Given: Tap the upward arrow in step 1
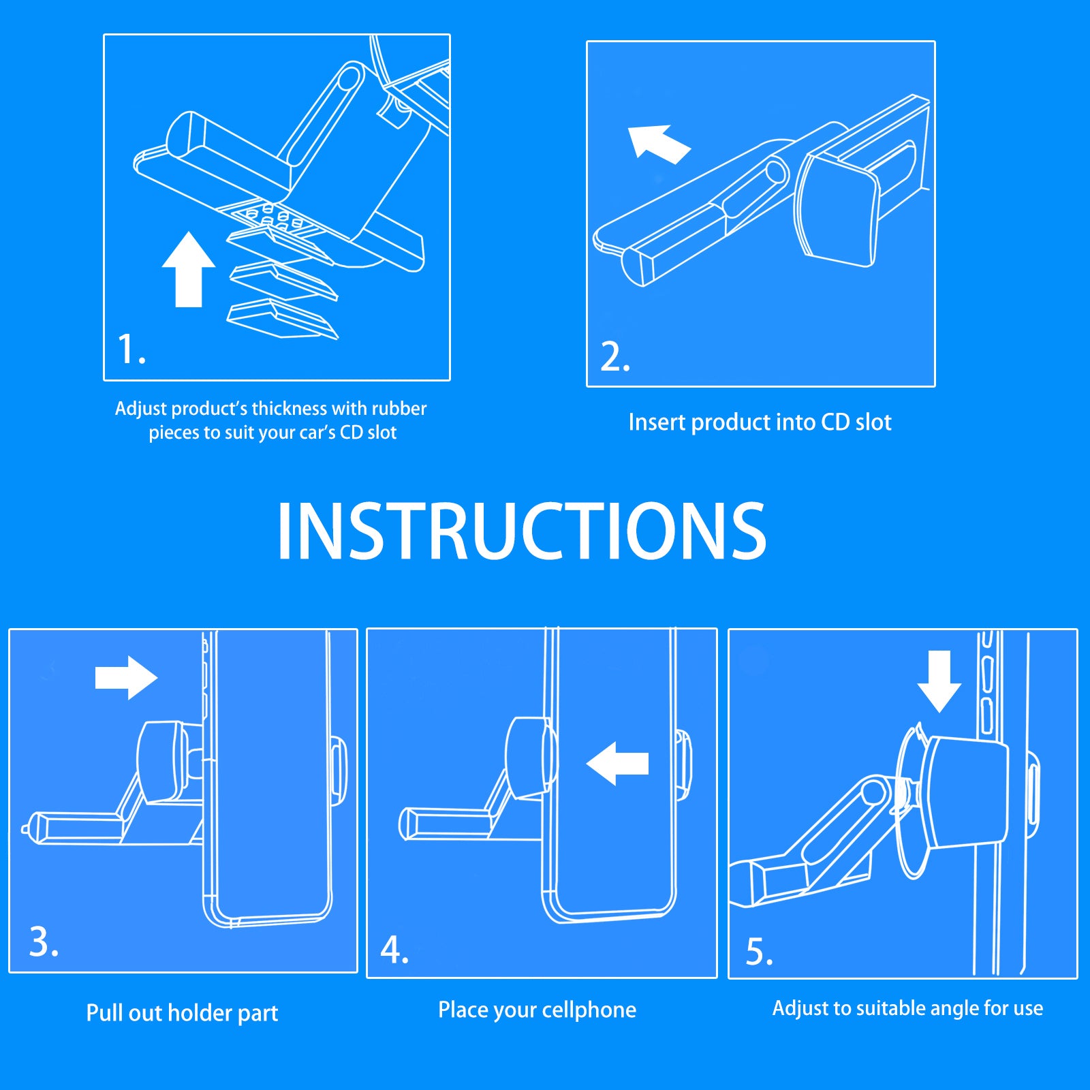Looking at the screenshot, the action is pyautogui.click(x=189, y=270).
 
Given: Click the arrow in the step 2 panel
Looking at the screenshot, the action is pyautogui.click(x=659, y=144).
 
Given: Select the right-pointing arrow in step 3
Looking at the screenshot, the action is pyautogui.click(x=127, y=678).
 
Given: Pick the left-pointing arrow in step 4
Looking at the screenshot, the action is pyautogui.click(x=617, y=763).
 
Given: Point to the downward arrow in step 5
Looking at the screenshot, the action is pyautogui.click(x=939, y=681).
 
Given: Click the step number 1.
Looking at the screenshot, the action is pyautogui.click(x=131, y=349).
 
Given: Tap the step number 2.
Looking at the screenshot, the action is pyautogui.click(x=615, y=357).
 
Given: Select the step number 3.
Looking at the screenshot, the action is pyautogui.click(x=44, y=941).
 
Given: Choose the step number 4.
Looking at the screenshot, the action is pyautogui.click(x=394, y=950).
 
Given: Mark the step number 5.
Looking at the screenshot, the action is pyautogui.click(x=760, y=952).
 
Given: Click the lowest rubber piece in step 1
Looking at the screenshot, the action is pyautogui.click(x=282, y=320).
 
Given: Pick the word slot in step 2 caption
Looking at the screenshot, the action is pyautogui.click(x=873, y=422).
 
